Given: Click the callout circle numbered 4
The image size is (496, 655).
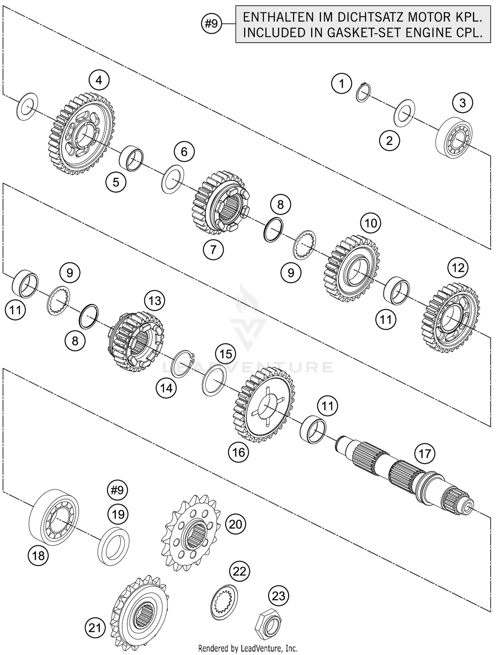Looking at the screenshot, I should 99,80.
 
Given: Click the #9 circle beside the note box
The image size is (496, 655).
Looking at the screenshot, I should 212,24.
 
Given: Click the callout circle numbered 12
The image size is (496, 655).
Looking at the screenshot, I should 458,268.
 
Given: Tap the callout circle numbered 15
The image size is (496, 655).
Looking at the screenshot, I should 226,354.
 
